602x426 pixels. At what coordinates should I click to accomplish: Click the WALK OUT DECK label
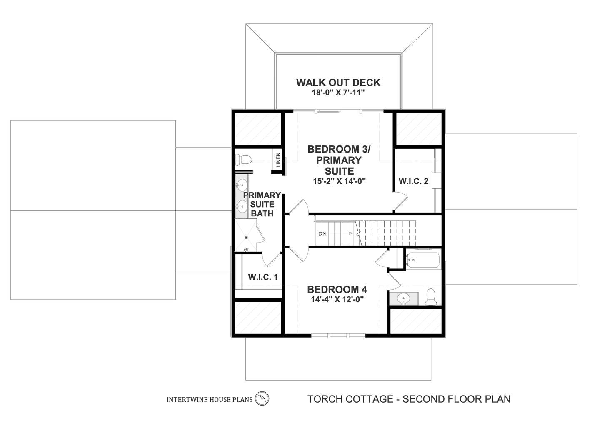338,82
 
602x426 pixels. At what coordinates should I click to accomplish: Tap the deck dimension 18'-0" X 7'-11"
338,93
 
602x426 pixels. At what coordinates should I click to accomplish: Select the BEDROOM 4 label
337,290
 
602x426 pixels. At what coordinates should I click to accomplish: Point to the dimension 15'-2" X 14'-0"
339,181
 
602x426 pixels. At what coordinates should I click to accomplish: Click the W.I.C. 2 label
413,181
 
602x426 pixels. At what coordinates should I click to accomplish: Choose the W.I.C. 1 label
263,277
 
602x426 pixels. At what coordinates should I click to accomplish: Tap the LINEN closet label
278,160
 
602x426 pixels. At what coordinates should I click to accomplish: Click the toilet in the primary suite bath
243,160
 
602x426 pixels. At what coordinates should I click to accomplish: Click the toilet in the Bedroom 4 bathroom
431,297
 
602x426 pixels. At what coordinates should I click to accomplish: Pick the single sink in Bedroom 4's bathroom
403,298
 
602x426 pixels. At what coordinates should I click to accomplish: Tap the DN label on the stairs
322,234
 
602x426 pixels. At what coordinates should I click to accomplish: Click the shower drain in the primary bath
246,238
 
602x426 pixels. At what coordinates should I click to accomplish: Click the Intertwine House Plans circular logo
262,398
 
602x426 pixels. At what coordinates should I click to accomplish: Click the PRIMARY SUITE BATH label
262,204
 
